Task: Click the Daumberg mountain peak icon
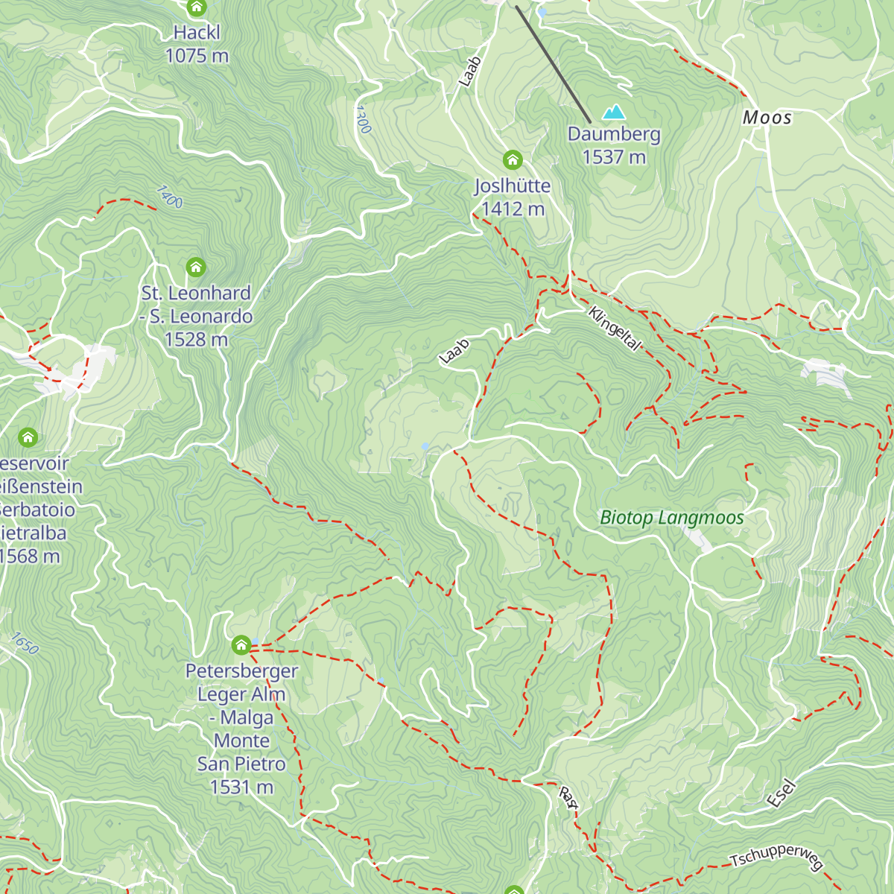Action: coord(614,112)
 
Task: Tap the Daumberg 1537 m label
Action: coord(614,145)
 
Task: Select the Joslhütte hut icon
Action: coord(512,159)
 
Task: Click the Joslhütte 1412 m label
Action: coord(513,197)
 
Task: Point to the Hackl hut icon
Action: coord(197,8)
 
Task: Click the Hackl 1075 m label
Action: coord(197,44)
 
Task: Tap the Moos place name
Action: coord(767,118)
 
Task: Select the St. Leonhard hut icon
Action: coord(196,267)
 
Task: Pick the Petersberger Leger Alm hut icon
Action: coord(241,644)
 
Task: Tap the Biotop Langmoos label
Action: coord(672,518)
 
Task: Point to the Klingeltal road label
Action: coord(614,329)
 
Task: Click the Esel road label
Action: coord(782,793)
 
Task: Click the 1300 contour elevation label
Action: coord(362,119)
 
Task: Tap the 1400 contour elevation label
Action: coord(169,197)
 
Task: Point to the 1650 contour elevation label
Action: coord(24,643)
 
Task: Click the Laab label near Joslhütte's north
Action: coord(469,72)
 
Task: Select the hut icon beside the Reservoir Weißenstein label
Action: coord(28,437)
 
